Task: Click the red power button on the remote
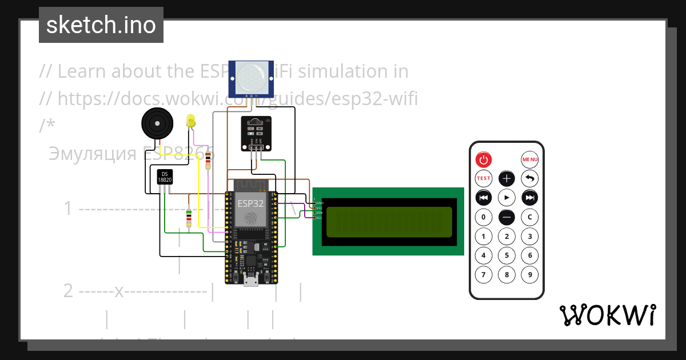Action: [484, 159]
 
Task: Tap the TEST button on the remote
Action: [484, 178]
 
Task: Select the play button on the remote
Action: [506, 198]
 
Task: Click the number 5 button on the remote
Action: [506, 255]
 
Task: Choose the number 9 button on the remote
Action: [530, 275]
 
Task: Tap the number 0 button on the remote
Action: [484, 217]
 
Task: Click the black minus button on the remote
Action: [506, 217]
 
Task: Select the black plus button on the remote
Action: [506, 178]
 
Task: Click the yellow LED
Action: [191, 121]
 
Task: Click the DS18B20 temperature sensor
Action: [165, 177]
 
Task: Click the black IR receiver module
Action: [256, 133]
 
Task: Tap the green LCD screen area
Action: [388, 222]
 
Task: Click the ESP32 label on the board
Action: [251, 203]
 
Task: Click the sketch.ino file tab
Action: [101, 25]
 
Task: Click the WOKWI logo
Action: [607, 315]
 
